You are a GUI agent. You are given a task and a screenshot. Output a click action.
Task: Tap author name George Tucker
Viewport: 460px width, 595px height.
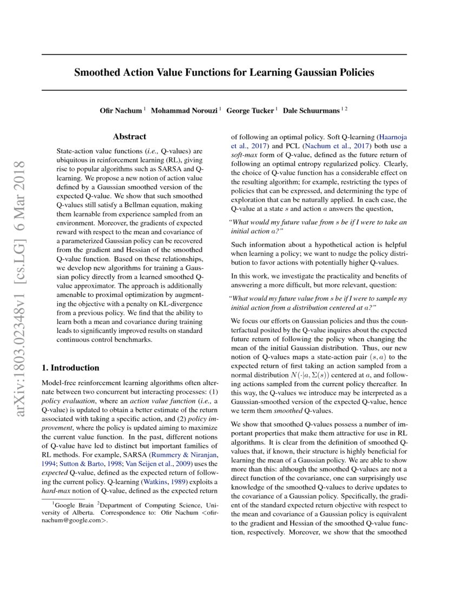coord(251,110)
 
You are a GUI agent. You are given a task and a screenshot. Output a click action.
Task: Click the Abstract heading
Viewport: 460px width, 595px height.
coord(129,137)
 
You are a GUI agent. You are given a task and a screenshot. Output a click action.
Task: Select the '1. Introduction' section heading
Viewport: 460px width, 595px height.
coord(70,368)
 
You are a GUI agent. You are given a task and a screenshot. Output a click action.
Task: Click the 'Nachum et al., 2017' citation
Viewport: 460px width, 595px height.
coord(345,146)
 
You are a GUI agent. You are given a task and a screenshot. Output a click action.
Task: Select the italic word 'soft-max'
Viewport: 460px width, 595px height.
coord(244,155)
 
